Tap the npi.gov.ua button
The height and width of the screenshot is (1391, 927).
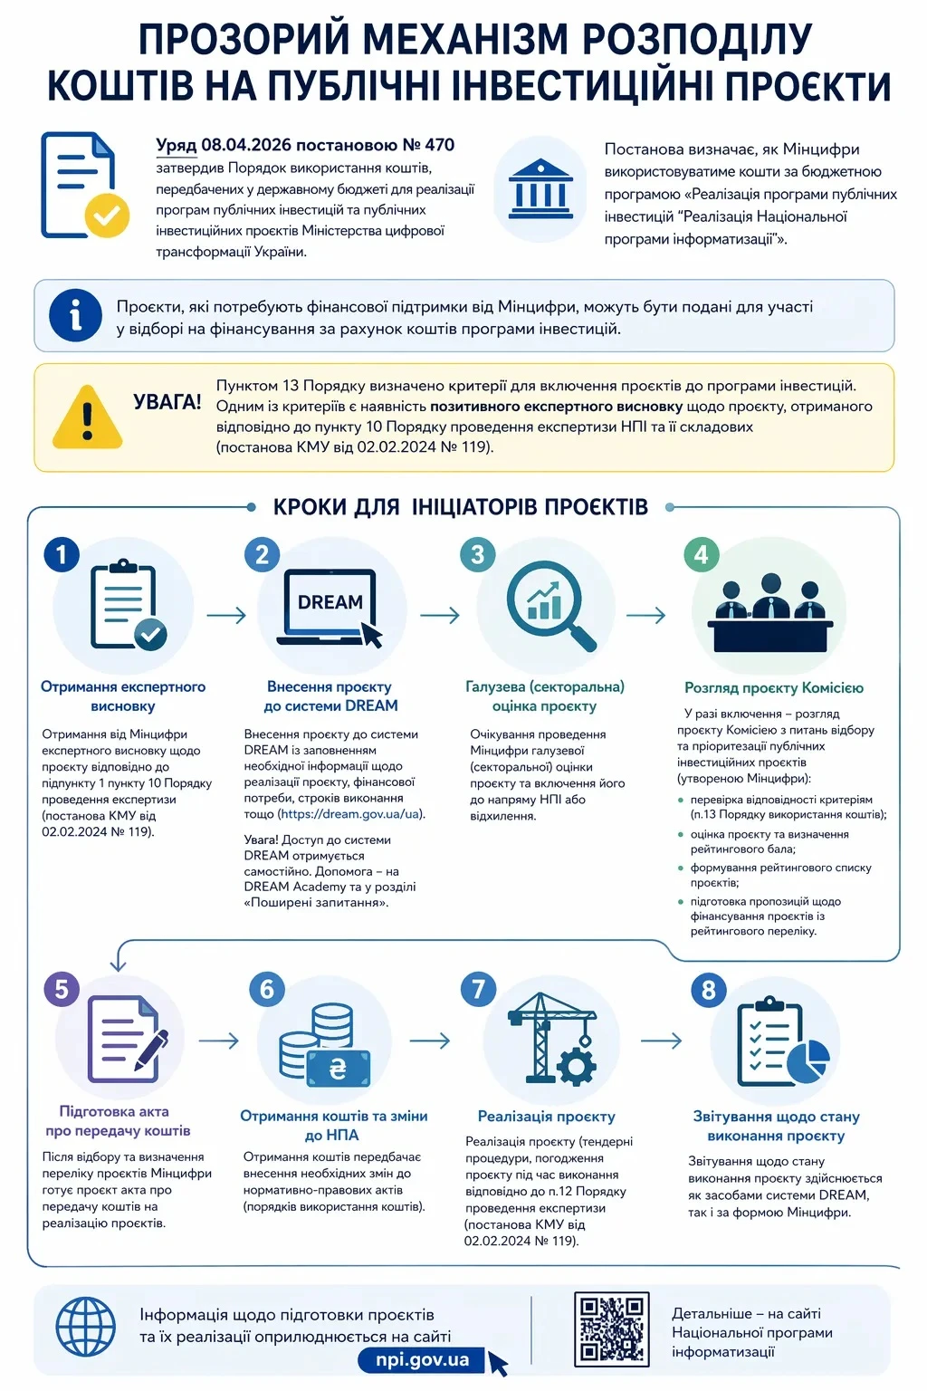pos(423,1359)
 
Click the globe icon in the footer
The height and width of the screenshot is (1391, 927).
pos(86,1328)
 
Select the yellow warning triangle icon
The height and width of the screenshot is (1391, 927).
pos(87,417)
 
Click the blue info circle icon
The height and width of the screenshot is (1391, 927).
pos(75,315)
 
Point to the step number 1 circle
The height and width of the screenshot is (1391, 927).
pos(62,554)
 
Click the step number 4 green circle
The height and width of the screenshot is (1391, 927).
pos(701,554)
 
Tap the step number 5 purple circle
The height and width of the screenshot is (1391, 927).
pos(62,988)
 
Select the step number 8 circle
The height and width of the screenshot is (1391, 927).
pos(708,990)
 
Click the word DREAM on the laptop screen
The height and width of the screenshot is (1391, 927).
pos(330,602)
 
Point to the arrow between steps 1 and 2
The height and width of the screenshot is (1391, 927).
pos(226,616)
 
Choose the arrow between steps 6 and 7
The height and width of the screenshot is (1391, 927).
pos(430,1040)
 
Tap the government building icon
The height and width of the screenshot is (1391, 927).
pos(540,187)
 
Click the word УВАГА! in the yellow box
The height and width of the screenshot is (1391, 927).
pos(167,401)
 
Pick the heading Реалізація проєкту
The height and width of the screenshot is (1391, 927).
pos(546,1117)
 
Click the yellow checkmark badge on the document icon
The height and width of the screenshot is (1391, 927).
pos(107,216)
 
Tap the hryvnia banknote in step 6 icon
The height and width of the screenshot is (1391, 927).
pos(338,1069)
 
